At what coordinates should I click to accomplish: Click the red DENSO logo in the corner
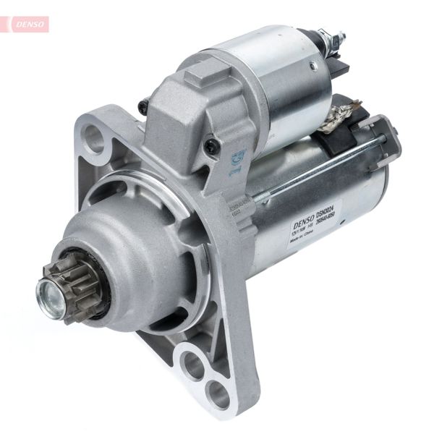[x=30, y=24]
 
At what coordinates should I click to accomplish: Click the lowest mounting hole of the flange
[x=217, y=395]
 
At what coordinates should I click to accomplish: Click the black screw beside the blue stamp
[x=212, y=147]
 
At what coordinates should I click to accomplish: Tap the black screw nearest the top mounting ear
[x=144, y=106]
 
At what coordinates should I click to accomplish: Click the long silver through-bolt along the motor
[x=318, y=168]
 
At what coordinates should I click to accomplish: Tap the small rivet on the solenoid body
[x=312, y=67]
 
